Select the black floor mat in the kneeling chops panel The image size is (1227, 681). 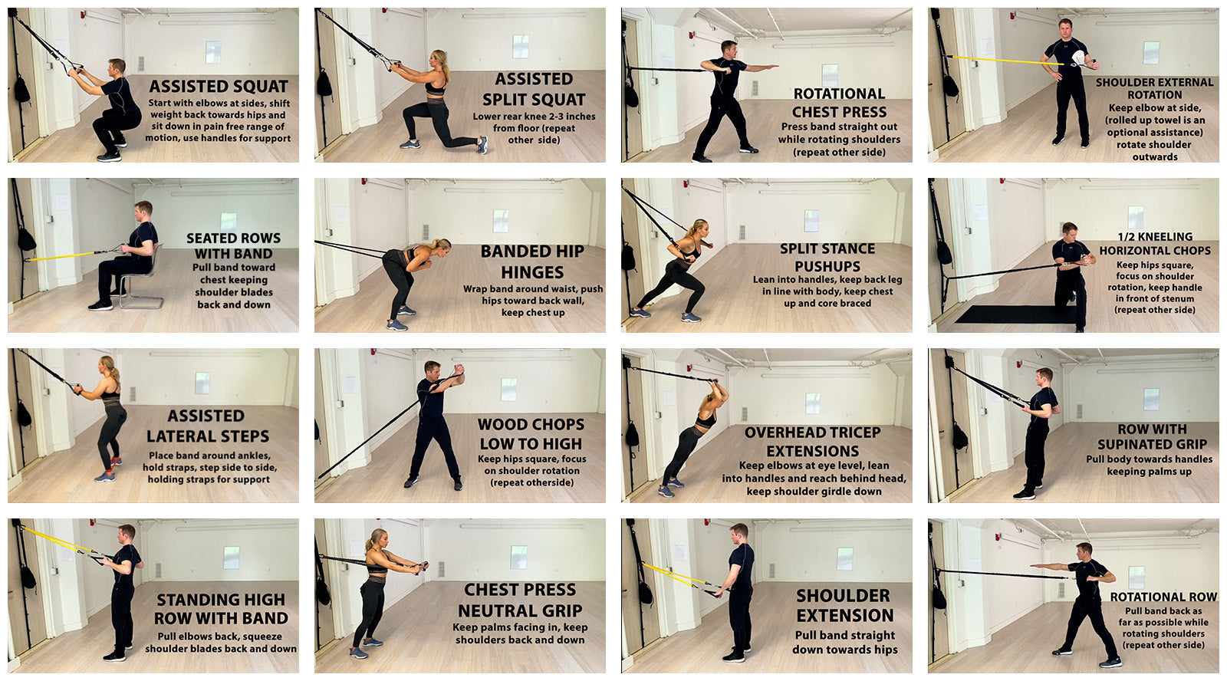click(x=1012, y=314)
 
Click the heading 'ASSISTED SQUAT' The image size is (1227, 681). click(x=219, y=87)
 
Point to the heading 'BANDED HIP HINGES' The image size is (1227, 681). click(x=532, y=262)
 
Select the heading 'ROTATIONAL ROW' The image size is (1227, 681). click(x=1163, y=597)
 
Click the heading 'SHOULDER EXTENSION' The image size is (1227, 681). click(x=844, y=605)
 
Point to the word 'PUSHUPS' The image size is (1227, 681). click(x=827, y=266)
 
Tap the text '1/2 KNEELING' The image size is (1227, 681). click(x=1155, y=237)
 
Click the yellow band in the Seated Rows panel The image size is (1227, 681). click(x=61, y=256)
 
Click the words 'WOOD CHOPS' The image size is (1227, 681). click(x=531, y=425)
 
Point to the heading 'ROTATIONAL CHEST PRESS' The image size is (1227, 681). click(x=839, y=103)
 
